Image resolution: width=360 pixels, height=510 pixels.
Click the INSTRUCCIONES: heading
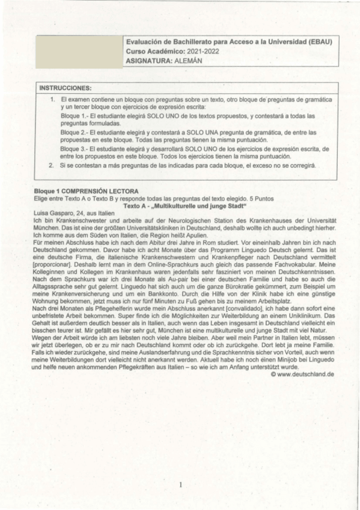point(66,88)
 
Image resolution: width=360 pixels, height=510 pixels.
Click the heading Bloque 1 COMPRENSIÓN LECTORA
point(87,191)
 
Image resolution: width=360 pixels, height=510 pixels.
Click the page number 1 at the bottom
point(180,484)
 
